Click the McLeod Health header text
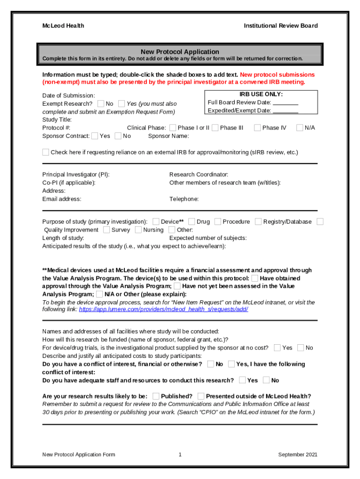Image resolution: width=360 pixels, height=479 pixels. (63, 26)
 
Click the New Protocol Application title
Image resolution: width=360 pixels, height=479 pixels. (180, 51)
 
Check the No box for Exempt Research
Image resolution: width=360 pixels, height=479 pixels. (101, 103)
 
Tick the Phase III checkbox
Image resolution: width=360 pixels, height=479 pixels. (215, 128)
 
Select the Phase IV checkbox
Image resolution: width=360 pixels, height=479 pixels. (257, 128)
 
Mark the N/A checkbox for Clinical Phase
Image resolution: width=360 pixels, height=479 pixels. (300, 128)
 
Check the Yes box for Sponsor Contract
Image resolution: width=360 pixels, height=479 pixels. (95, 136)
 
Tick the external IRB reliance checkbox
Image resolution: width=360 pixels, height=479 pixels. (45, 152)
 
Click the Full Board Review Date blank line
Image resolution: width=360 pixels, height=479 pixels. (285, 102)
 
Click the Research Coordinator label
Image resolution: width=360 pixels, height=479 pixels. (199, 174)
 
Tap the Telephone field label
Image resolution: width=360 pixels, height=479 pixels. (184, 199)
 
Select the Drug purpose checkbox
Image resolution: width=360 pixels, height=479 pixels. (192, 221)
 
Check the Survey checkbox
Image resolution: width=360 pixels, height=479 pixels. (107, 230)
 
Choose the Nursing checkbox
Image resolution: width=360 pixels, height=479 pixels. (138, 230)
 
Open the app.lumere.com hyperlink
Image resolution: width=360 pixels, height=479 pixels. (163, 309)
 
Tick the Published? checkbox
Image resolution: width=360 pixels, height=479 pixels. (156, 396)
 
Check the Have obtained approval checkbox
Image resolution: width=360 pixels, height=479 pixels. (254, 278)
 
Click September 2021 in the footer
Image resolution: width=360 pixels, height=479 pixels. (298, 455)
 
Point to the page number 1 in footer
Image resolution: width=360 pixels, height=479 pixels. (180, 455)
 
